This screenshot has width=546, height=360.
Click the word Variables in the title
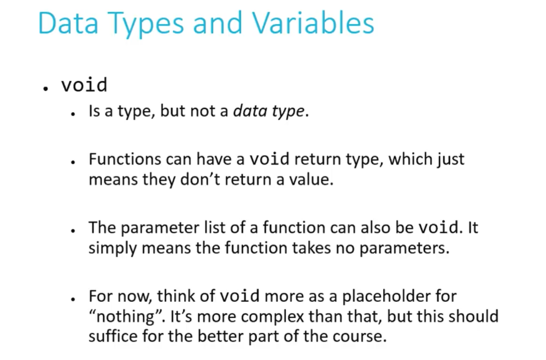pos(313,23)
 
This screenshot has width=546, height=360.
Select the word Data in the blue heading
pos(68,23)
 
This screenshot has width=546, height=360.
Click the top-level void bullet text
pos(84,85)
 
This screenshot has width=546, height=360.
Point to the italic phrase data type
pos(269,111)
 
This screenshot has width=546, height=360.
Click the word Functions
pos(125,159)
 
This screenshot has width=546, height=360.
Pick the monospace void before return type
pos(269,159)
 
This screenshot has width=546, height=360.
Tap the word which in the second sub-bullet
pos(410,159)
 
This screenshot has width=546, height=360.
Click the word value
pos(311,179)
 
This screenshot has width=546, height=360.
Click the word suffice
pos(113,336)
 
